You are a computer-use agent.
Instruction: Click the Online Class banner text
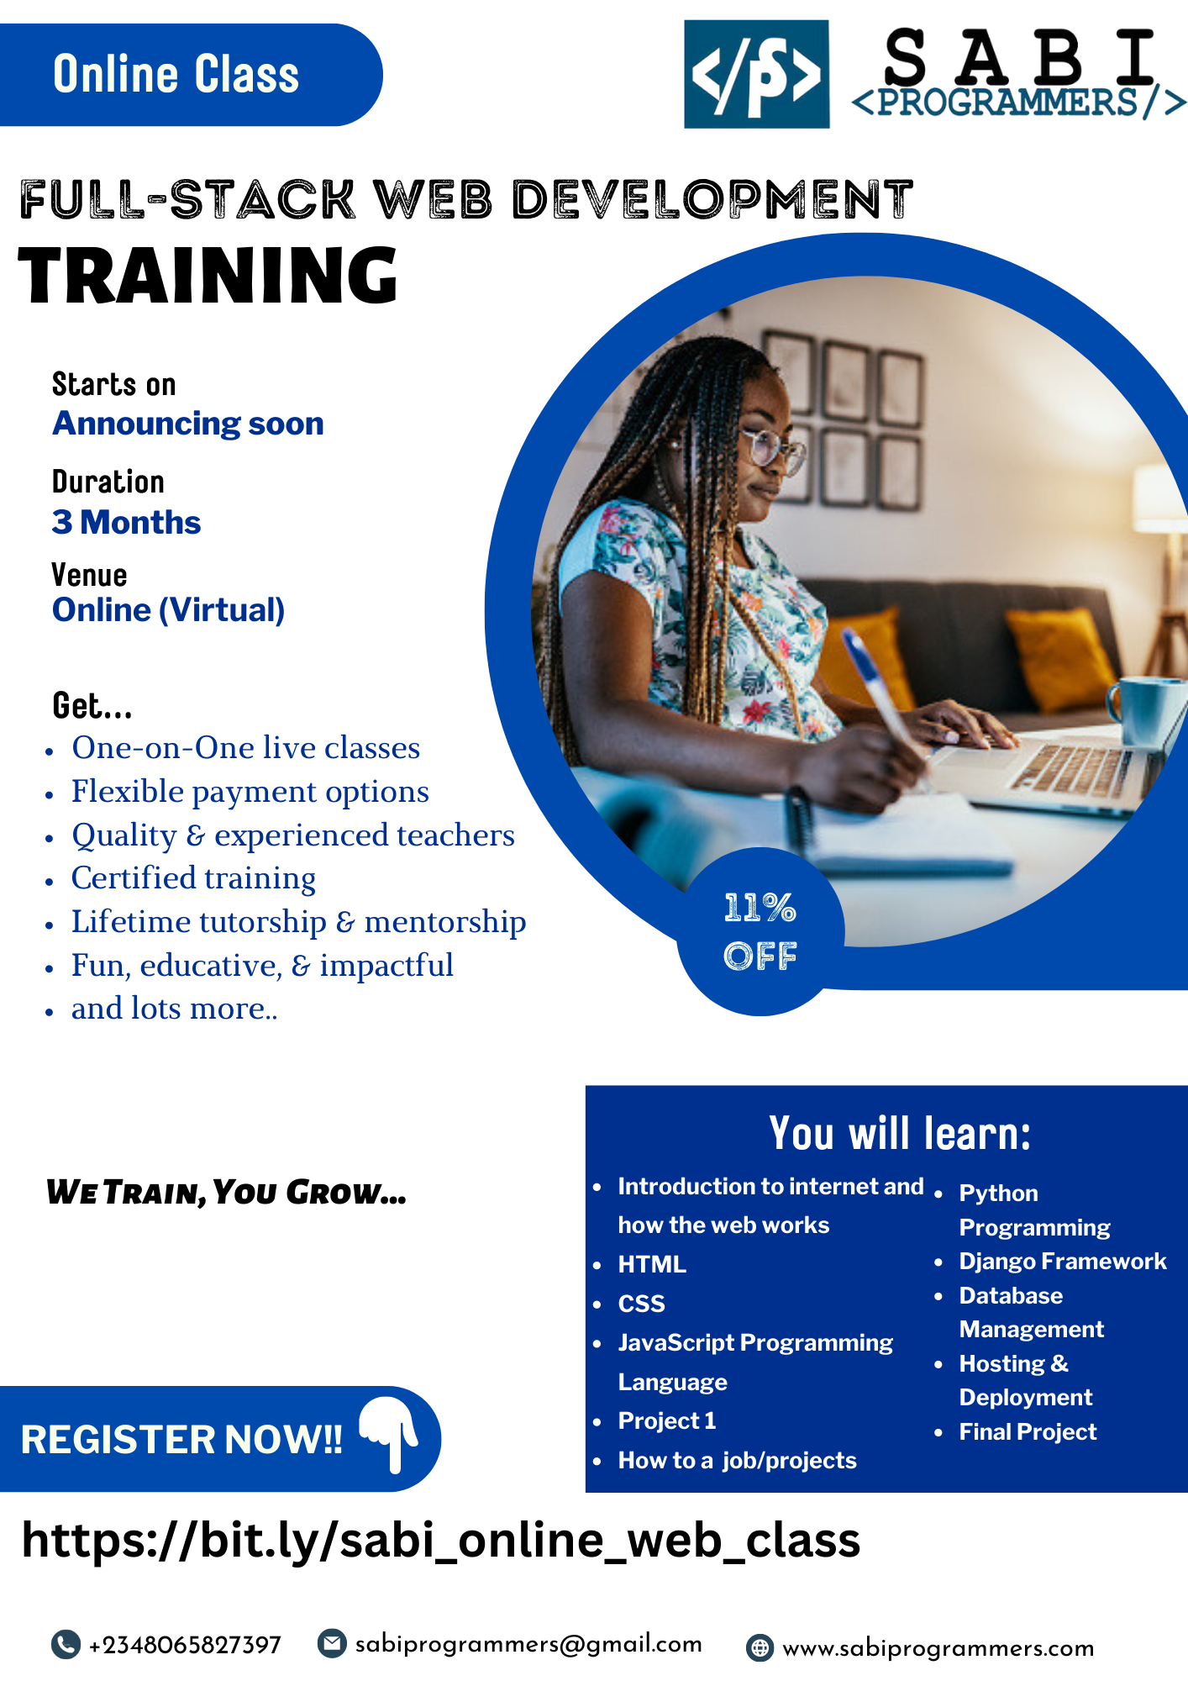click(176, 74)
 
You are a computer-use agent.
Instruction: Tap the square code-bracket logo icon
click(756, 74)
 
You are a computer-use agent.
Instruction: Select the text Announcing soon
click(188, 424)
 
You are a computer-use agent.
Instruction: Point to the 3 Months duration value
click(126, 522)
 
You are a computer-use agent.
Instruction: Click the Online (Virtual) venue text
click(168, 610)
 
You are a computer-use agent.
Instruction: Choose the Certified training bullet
click(193, 878)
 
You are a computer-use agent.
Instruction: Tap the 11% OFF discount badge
click(760, 931)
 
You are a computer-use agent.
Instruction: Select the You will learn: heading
click(899, 1133)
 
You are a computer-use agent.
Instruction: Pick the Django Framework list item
click(1062, 1261)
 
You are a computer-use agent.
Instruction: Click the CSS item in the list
click(641, 1304)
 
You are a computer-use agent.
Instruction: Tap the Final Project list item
click(1028, 1431)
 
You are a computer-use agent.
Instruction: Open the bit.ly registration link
click(440, 1541)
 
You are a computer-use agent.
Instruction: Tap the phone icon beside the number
click(66, 1644)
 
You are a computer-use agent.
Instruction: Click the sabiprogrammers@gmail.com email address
click(528, 1644)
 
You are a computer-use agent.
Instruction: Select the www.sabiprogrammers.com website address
click(938, 1648)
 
